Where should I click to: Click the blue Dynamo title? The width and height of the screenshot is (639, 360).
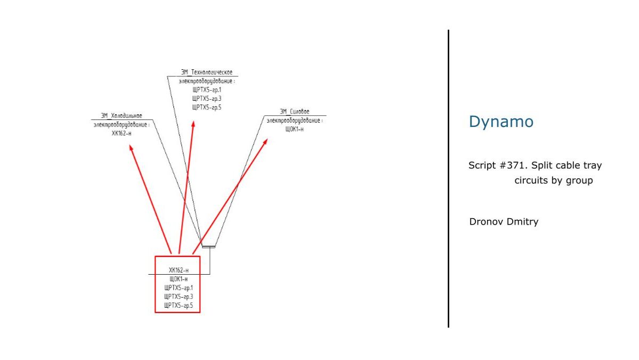pyautogui.click(x=500, y=122)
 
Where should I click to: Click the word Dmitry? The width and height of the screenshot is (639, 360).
pyautogui.click(x=522, y=222)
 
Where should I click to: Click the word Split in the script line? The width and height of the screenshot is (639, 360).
pyautogui.click(x=543, y=165)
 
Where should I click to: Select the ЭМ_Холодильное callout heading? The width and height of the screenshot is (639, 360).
pyautogui.click(x=122, y=116)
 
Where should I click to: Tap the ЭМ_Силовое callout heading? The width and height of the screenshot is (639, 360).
pyautogui.click(x=294, y=111)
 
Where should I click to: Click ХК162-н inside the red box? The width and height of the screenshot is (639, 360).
pyautogui.click(x=178, y=270)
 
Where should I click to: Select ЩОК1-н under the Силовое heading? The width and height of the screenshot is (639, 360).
pyautogui.click(x=294, y=129)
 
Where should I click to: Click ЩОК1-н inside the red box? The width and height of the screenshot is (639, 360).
pyautogui.click(x=178, y=279)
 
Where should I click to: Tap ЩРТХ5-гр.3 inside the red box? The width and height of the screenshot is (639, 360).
pyautogui.click(x=178, y=297)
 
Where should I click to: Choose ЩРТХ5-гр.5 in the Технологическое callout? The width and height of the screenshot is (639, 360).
pyautogui.click(x=207, y=108)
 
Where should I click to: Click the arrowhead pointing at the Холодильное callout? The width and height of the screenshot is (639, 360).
pyautogui.click(x=131, y=147)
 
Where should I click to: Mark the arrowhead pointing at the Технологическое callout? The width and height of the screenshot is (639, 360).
pyautogui.click(x=193, y=124)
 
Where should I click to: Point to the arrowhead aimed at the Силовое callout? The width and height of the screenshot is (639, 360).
pyautogui.click(x=266, y=142)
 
